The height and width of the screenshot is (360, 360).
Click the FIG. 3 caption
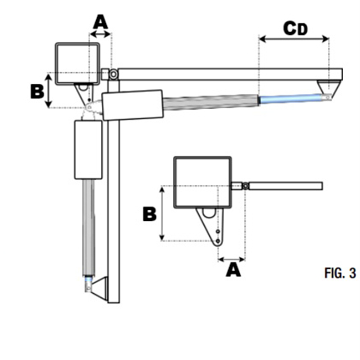[340, 273]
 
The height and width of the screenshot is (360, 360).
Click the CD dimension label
[296, 28]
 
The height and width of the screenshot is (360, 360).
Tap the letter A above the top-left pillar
[100, 22]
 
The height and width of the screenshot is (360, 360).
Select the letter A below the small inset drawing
[233, 270]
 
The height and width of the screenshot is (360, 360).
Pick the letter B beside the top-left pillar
[37, 92]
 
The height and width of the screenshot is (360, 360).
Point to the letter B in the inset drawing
[149, 214]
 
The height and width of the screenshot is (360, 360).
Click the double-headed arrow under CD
[294, 39]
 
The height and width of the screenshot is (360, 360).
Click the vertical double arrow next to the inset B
[162, 213]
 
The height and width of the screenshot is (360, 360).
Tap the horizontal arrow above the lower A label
[231, 260]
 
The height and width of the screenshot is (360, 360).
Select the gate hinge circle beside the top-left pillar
[113, 74]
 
